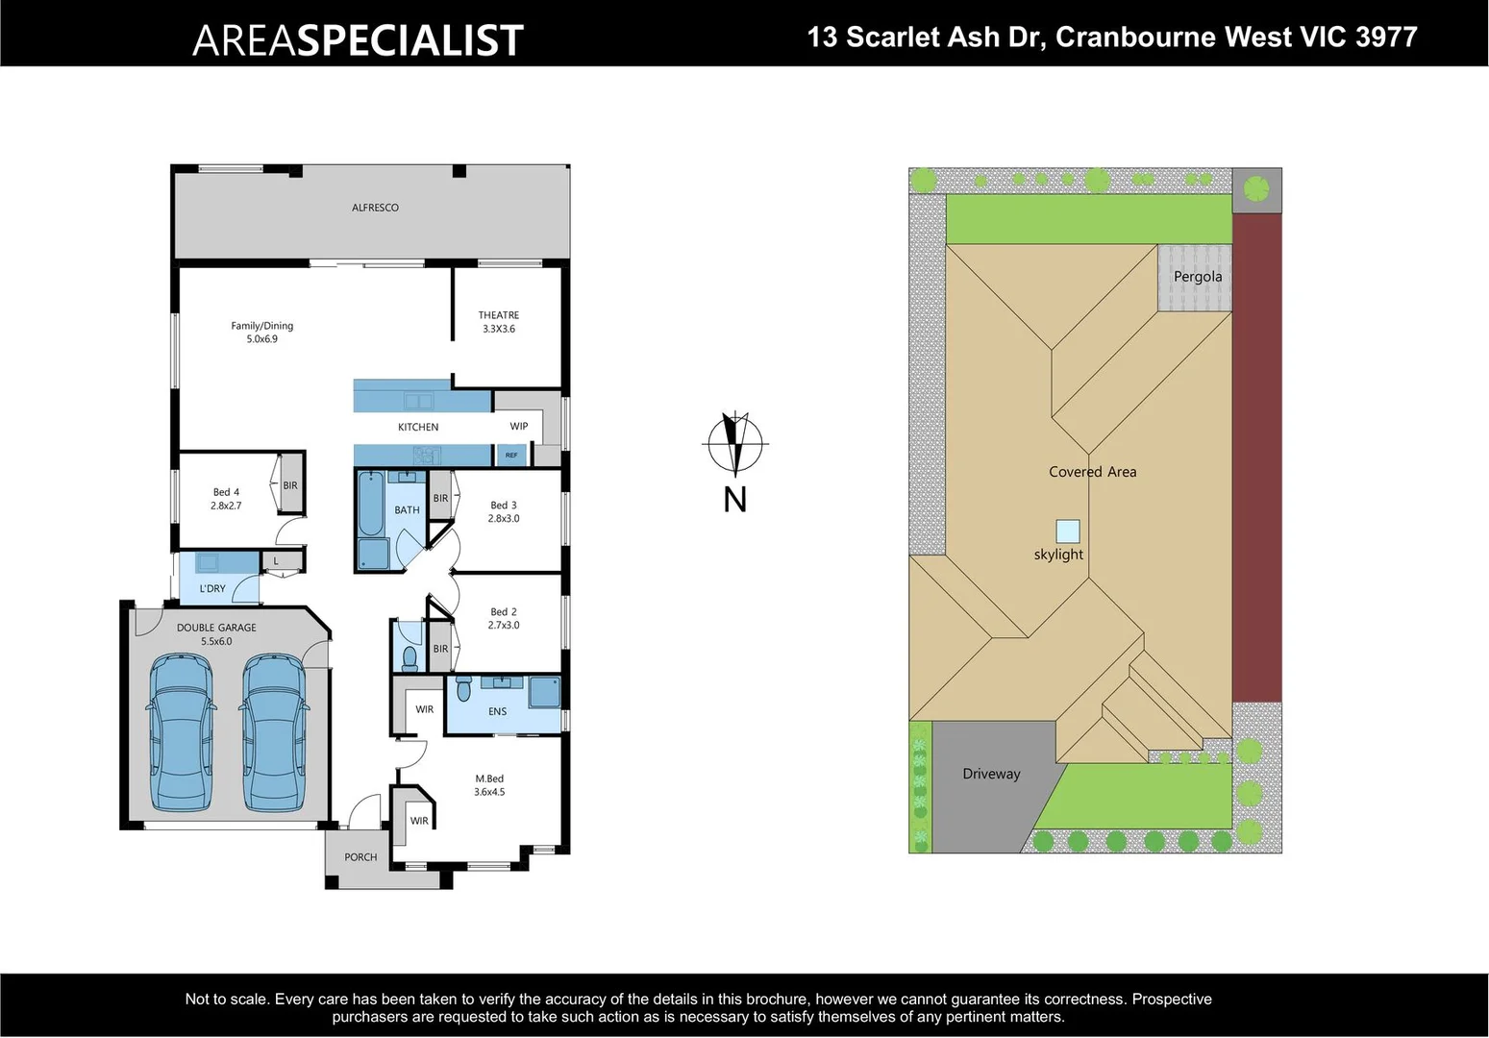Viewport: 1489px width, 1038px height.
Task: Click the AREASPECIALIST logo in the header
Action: (358, 40)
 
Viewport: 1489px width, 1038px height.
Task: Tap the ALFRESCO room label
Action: (375, 208)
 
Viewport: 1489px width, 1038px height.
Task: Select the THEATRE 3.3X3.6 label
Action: (498, 322)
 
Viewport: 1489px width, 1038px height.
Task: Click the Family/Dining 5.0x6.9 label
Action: (261, 333)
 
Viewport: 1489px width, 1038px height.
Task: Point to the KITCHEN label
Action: (418, 427)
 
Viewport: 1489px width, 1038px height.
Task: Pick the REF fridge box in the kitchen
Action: (511, 455)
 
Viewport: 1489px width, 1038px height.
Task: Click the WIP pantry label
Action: (519, 426)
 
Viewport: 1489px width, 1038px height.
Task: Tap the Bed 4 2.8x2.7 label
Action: (226, 499)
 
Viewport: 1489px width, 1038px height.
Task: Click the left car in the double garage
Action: (181, 732)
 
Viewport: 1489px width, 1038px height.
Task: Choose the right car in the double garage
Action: (275, 732)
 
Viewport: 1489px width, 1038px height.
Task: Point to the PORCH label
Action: (360, 857)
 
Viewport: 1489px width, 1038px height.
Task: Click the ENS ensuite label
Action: (497, 712)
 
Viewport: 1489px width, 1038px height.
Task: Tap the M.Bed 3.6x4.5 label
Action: (488, 785)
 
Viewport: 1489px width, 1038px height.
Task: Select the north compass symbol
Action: (735, 444)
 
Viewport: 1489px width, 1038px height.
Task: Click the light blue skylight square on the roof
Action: (1067, 531)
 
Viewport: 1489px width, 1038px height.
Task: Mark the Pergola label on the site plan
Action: (1198, 277)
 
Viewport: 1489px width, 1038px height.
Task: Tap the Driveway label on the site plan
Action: (991, 774)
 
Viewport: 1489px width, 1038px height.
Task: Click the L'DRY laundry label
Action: (212, 588)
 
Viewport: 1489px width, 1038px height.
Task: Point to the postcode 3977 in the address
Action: (1385, 37)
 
